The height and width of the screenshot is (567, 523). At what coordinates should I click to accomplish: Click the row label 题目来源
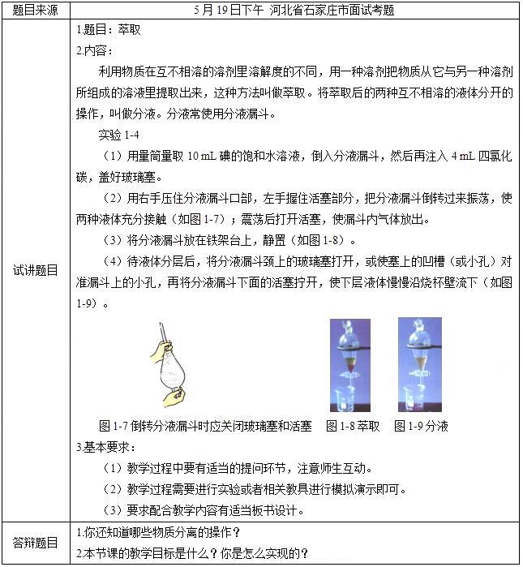[x=36, y=11]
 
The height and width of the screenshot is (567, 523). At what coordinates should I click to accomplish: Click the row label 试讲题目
[x=36, y=270]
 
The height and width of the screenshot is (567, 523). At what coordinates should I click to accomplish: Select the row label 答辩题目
[x=36, y=543]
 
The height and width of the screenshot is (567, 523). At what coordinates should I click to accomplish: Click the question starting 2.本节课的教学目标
[x=191, y=553]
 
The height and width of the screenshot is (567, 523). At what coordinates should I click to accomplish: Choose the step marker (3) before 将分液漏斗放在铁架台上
[x=114, y=240]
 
